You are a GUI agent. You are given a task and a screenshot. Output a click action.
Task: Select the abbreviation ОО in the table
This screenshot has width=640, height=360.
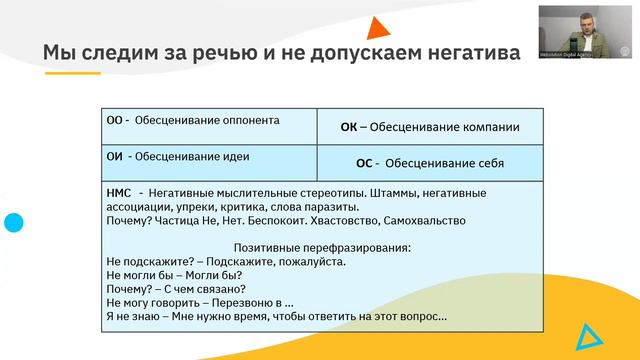pos(114,120)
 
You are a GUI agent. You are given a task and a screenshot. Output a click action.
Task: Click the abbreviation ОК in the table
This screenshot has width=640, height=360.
pos(349,127)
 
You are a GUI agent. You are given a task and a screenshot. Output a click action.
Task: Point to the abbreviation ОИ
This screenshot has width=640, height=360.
pos(114,156)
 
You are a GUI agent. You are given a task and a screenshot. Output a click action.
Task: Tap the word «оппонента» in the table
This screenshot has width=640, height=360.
pos(244,120)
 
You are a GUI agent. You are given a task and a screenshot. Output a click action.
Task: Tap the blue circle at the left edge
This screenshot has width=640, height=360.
pos(13,223)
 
